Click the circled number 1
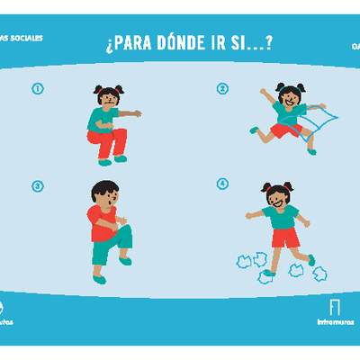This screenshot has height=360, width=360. [x=38, y=88]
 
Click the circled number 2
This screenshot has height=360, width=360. [x=223, y=88]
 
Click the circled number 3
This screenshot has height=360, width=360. [x=38, y=186]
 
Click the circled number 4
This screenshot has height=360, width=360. [x=223, y=184]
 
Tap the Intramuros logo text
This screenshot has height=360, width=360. [x=335, y=321]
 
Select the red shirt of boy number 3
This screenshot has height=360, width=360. [x=100, y=221]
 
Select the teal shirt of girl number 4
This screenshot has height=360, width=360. [x=283, y=220]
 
